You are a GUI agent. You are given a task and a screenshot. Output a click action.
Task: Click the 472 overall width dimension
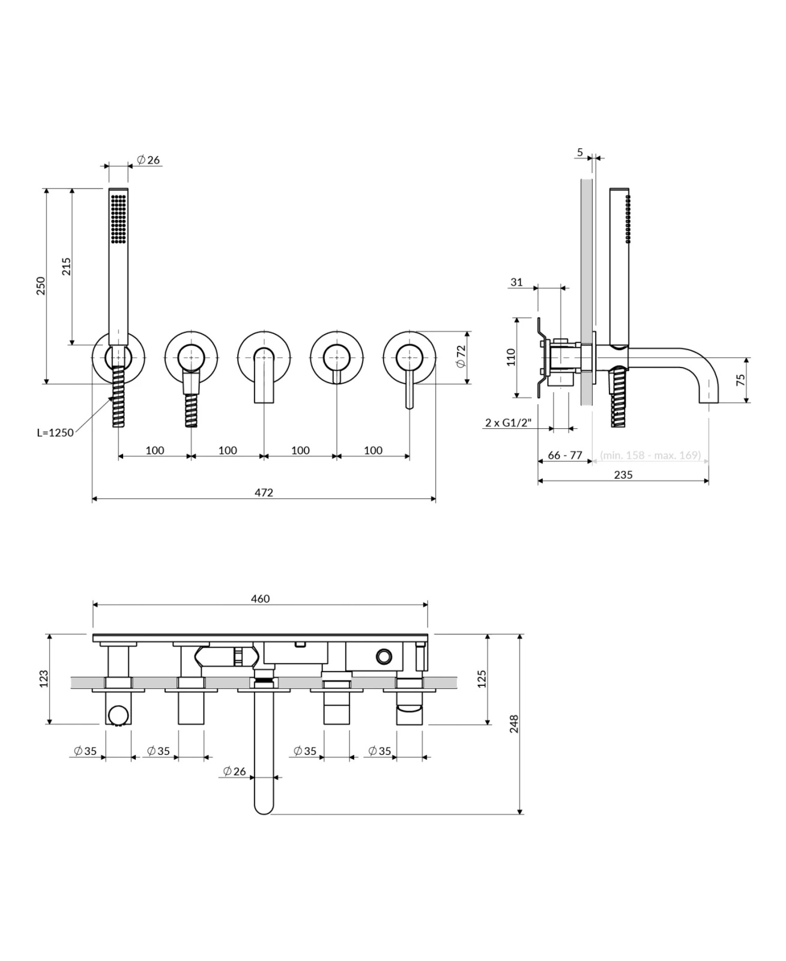click(264, 493)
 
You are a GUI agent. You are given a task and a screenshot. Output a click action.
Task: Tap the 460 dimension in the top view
click(260, 599)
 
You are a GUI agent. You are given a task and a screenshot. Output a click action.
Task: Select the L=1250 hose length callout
click(55, 432)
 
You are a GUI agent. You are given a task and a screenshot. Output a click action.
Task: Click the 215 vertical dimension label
click(67, 266)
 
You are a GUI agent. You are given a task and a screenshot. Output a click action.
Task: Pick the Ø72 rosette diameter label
click(461, 356)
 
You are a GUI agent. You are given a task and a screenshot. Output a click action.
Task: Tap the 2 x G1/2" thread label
click(509, 423)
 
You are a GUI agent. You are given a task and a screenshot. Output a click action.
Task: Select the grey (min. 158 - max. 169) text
click(650, 455)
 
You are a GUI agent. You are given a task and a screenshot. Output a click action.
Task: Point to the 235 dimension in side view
click(623, 474)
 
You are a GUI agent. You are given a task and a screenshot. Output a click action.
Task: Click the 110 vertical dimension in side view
click(511, 357)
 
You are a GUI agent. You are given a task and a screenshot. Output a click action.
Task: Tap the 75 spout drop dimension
click(740, 380)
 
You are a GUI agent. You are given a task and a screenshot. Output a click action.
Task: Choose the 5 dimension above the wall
click(580, 153)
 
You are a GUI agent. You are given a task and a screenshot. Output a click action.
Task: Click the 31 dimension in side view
click(516, 282)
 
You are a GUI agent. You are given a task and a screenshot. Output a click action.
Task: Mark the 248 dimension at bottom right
click(513, 724)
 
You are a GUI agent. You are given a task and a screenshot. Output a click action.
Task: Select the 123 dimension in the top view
click(43, 679)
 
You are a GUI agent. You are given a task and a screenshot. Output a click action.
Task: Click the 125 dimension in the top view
click(481, 679)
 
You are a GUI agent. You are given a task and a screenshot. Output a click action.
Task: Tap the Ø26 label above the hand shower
click(148, 160)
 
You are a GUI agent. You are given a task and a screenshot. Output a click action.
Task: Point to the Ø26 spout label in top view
click(234, 771)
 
